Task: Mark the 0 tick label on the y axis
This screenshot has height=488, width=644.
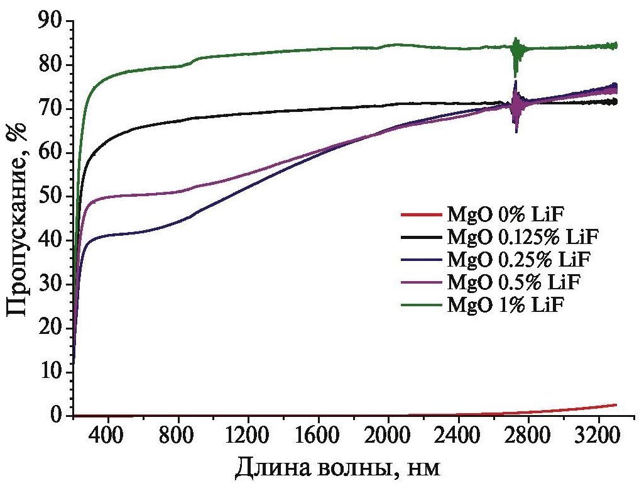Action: [58, 416]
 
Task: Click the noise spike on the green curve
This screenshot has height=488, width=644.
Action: [516, 53]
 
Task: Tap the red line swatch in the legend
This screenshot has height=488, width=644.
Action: [420, 215]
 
